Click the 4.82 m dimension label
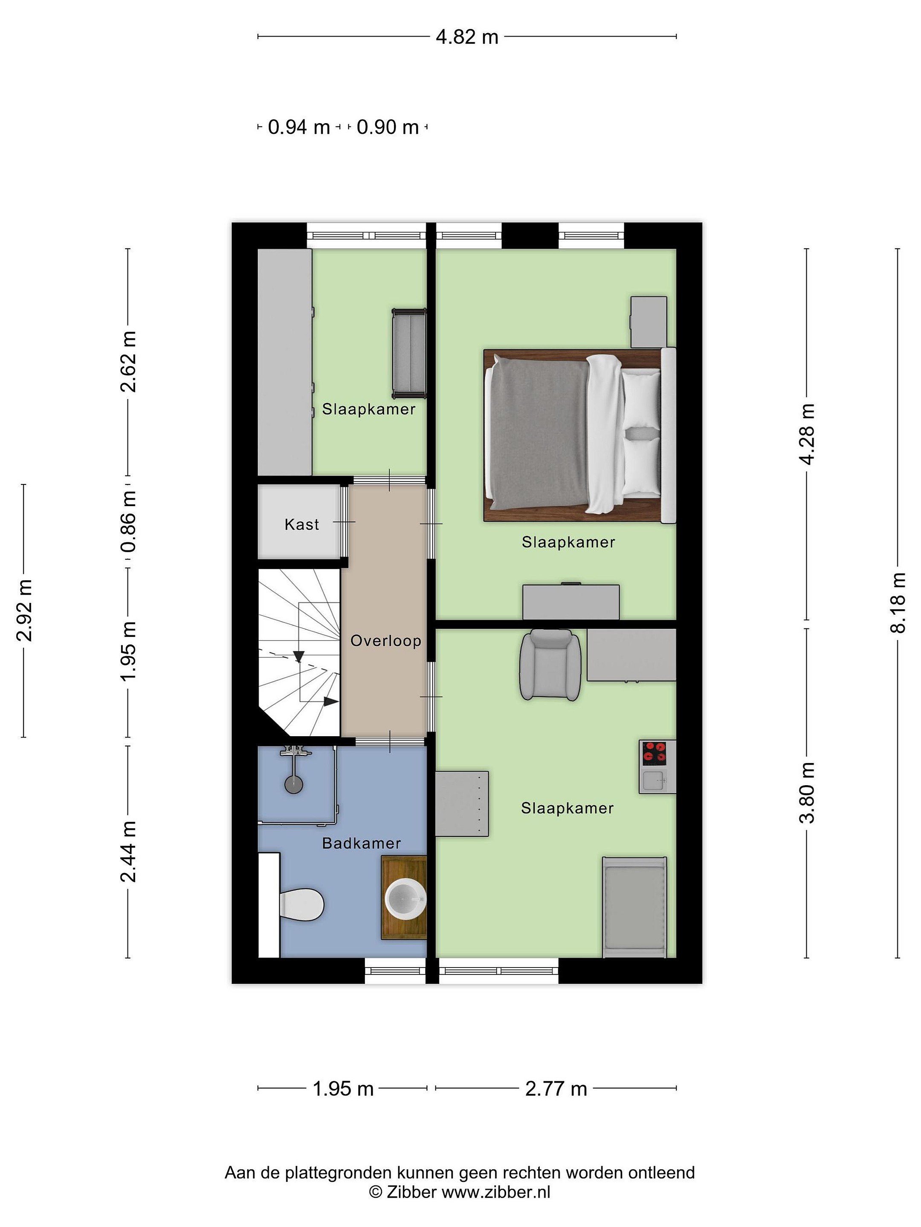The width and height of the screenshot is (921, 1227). click(x=467, y=37)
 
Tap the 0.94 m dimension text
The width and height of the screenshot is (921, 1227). click(x=298, y=127)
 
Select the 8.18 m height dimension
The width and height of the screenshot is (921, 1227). click(x=898, y=602)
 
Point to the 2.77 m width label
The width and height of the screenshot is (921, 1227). click(x=556, y=1089)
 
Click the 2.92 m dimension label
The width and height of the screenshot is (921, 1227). click(x=24, y=610)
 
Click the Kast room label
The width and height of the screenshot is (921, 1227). click(x=301, y=524)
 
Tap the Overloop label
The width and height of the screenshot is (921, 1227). click(x=386, y=641)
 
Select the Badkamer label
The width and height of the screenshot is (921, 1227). click(x=362, y=843)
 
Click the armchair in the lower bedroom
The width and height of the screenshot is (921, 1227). click(x=550, y=665)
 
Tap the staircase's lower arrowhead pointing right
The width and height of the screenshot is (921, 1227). click(x=331, y=701)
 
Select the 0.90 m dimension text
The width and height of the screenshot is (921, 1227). click(x=388, y=127)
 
